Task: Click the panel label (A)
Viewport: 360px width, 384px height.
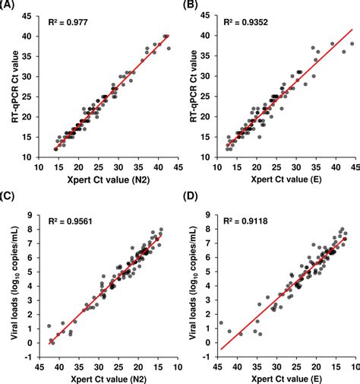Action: (x=11, y=7)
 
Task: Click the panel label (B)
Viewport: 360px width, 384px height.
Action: (x=192, y=7)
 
